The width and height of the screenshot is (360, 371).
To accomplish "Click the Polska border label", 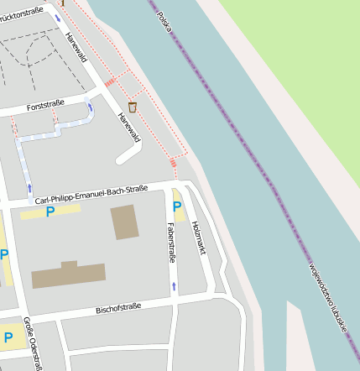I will tap(164, 23).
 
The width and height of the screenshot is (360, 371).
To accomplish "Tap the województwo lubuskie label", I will tap(327, 300).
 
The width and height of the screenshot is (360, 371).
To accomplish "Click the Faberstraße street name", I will tap(170, 243).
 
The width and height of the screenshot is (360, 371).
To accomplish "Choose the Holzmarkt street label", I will tap(198, 238).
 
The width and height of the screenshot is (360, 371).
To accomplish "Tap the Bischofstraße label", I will tap(118, 308).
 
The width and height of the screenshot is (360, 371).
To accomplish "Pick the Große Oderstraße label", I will tap(33, 344).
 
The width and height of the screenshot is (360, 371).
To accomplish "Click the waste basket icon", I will tap(132, 107).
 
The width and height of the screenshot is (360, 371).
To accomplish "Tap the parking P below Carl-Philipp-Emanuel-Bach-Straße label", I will tap(50, 212).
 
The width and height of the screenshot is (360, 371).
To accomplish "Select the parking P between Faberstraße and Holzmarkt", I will tap(177, 206).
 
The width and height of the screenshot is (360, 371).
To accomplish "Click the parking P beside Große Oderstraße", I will tap(8, 337).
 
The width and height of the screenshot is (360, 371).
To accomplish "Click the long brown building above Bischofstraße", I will tap(69, 274).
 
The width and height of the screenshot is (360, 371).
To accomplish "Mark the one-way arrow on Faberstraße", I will tap(174, 287).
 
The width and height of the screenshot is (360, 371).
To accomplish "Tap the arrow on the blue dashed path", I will tap(30, 187).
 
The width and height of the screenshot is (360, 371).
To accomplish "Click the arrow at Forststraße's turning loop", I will tap(90, 107).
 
